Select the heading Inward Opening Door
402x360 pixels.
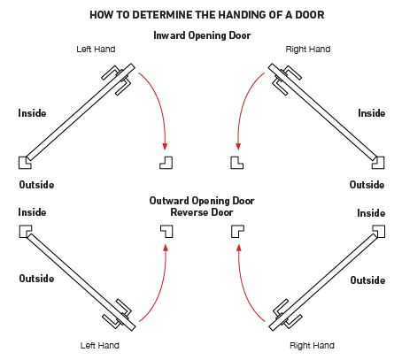201,35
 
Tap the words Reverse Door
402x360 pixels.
201,213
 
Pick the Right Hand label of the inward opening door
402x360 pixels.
308,50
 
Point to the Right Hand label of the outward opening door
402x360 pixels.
312,345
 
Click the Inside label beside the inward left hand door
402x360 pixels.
33,113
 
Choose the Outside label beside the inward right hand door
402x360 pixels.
367,185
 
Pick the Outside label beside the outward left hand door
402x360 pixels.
36,278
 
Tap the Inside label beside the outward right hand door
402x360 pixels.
371,214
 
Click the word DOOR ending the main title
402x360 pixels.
305,15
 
